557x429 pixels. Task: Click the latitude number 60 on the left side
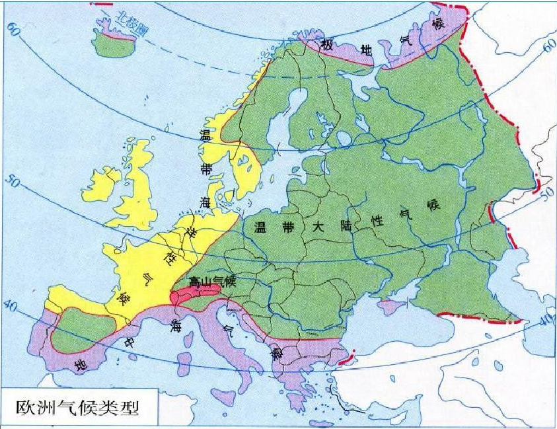pos(13,28)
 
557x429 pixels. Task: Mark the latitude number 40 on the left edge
pos(9,307)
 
